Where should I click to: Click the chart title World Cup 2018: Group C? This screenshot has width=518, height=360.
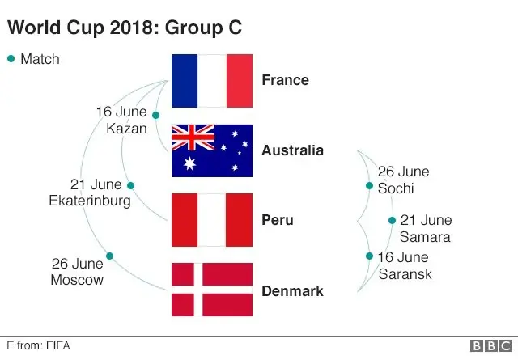[x=125, y=28]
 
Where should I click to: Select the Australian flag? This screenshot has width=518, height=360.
[x=212, y=150]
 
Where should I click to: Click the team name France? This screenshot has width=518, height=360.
[x=285, y=80]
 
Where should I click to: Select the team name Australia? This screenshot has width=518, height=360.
[x=292, y=150]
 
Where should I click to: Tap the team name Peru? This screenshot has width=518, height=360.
[x=278, y=220]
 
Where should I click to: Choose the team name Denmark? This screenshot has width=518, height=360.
[x=292, y=290]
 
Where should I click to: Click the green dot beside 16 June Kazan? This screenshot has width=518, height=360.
[x=155, y=115]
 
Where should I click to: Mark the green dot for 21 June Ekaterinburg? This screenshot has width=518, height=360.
[x=130, y=185]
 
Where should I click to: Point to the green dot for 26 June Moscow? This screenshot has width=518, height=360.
[x=109, y=256]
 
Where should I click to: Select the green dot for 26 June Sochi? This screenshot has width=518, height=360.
[x=369, y=185]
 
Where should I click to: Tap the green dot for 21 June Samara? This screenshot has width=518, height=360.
[x=392, y=220]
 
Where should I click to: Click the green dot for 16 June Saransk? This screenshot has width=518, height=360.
[x=369, y=256]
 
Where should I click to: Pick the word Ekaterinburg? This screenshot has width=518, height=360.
[x=89, y=201]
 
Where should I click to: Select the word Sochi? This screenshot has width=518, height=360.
[x=396, y=188]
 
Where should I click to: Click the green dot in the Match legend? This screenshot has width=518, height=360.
[x=11, y=58]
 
